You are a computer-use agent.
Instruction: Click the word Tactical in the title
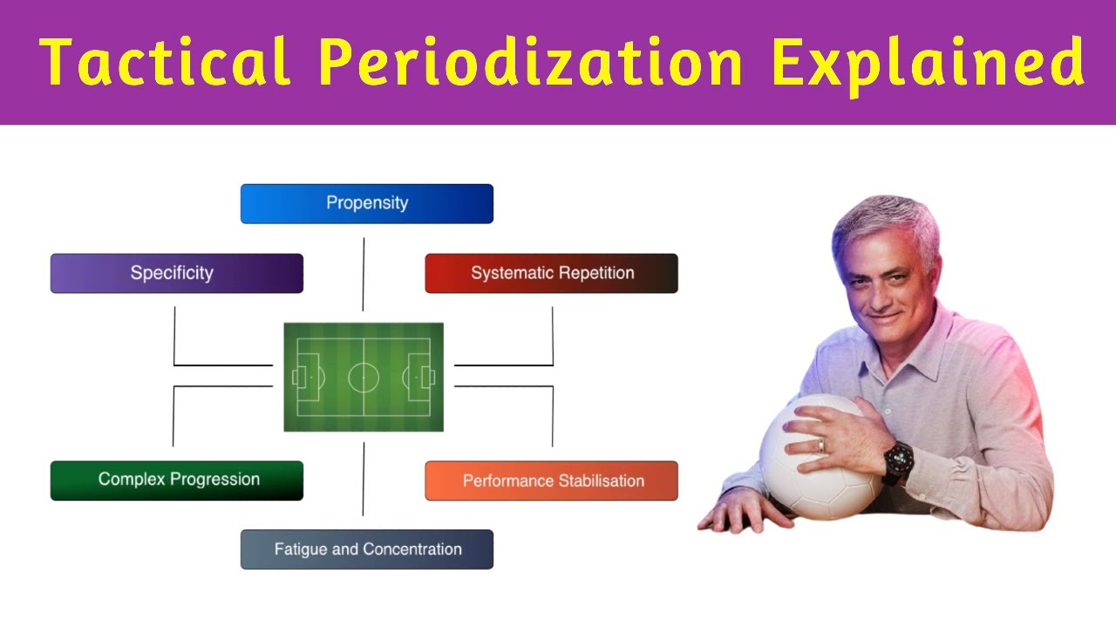point(166,63)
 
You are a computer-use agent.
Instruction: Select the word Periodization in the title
point(530,63)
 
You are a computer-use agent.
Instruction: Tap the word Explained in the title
point(928,63)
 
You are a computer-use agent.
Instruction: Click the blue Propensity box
point(366,203)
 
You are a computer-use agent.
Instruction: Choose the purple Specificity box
point(176,273)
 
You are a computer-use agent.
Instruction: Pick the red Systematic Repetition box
point(551,273)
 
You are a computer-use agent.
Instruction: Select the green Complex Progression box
point(176,480)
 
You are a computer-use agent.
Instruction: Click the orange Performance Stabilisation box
point(551,481)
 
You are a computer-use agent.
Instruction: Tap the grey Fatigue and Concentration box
point(366,549)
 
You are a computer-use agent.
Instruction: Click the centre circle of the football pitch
point(364,377)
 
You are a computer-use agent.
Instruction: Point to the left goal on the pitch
point(298,377)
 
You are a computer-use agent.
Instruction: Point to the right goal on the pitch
point(428,377)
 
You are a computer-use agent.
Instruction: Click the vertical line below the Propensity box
point(364,274)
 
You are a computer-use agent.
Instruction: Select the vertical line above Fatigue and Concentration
point(364,479)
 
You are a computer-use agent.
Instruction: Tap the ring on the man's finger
point(820,445)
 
